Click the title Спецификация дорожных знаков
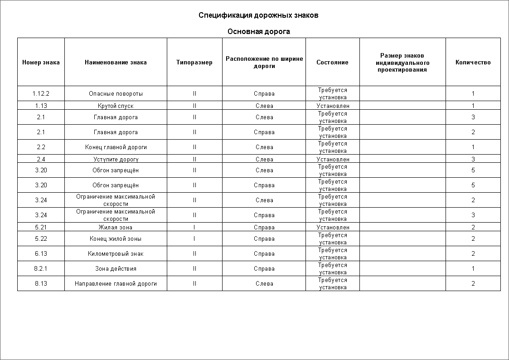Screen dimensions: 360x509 click(x=258, y=15)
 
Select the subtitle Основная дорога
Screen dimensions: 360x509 click(x=258, y=31)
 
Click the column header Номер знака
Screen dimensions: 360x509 click(x=41, y=63)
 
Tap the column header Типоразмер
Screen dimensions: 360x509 click(x=194, y=63)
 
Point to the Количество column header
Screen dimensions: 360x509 click(x=473, y=63)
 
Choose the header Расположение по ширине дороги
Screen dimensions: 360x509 click(x=264, y=62)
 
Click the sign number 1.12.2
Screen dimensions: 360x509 click(x=41, y=93)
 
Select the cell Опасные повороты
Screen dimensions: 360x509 click(x=116, y=93)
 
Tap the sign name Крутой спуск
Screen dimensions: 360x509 click(x=116, y=106)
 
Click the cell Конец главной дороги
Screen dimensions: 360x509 click(x=116, y=147)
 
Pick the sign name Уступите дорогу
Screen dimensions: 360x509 click(x=116, y=159)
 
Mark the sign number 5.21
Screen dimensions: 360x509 click(x=41, y=227)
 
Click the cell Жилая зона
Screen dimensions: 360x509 click(x=116, y=227)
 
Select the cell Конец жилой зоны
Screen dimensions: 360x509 click(x=116, y=238)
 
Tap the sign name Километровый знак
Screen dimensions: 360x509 click(x=116, y=253)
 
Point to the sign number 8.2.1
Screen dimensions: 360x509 click(x=41, y=268)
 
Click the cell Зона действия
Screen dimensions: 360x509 click(x=116, y=268)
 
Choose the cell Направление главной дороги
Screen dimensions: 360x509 click(x=116, y=283)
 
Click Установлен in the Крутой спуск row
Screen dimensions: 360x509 click(x=333, y=106)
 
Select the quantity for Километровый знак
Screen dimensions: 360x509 click(x=473, y=253)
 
